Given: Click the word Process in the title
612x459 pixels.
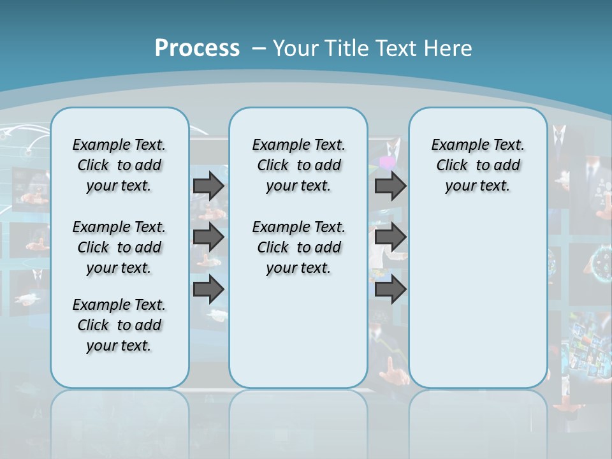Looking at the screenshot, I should pyautogui.click(x=197, y=48).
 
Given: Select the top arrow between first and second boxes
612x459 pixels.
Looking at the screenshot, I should pyautogui.click(x=208, y=186).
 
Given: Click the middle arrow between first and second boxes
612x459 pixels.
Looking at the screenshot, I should pyautogui.click(x=208, y=237).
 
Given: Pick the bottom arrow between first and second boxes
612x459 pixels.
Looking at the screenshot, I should pyautogui.click(x=208, y=289).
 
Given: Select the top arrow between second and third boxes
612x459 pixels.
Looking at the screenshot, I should pyautogui.click(x=390, y=186).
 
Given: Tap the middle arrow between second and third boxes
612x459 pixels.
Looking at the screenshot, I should pyautogui.click(x=390, y=237).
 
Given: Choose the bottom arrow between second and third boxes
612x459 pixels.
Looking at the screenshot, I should pyautogui.click(x=390, y=289).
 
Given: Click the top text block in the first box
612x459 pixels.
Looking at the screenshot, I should pyautogui.click(x=119, y=165).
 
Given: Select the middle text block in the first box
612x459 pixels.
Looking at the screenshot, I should pyautogui.click(x=119, y=247).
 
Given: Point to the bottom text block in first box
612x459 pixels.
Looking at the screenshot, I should pyautogui.click(x=119, y=325).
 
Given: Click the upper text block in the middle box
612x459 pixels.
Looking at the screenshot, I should pyautogui.click(x=299, y=165).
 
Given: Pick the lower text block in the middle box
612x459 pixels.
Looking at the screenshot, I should pyautogui.click(x=299, y=247).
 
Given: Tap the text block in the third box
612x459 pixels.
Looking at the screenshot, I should pyautogui.click(x=478, y=165).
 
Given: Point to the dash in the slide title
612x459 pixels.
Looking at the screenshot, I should pyautogui.click(x=259, y=48).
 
